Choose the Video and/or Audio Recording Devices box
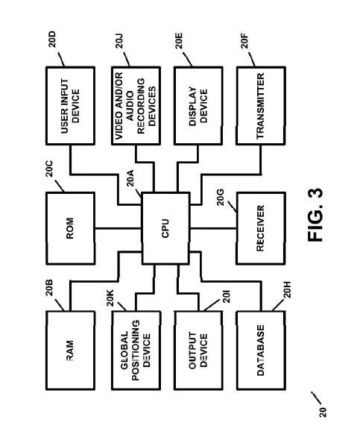point(135,105)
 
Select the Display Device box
point(198,105)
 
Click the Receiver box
point(261,230)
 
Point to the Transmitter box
point(261,105)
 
